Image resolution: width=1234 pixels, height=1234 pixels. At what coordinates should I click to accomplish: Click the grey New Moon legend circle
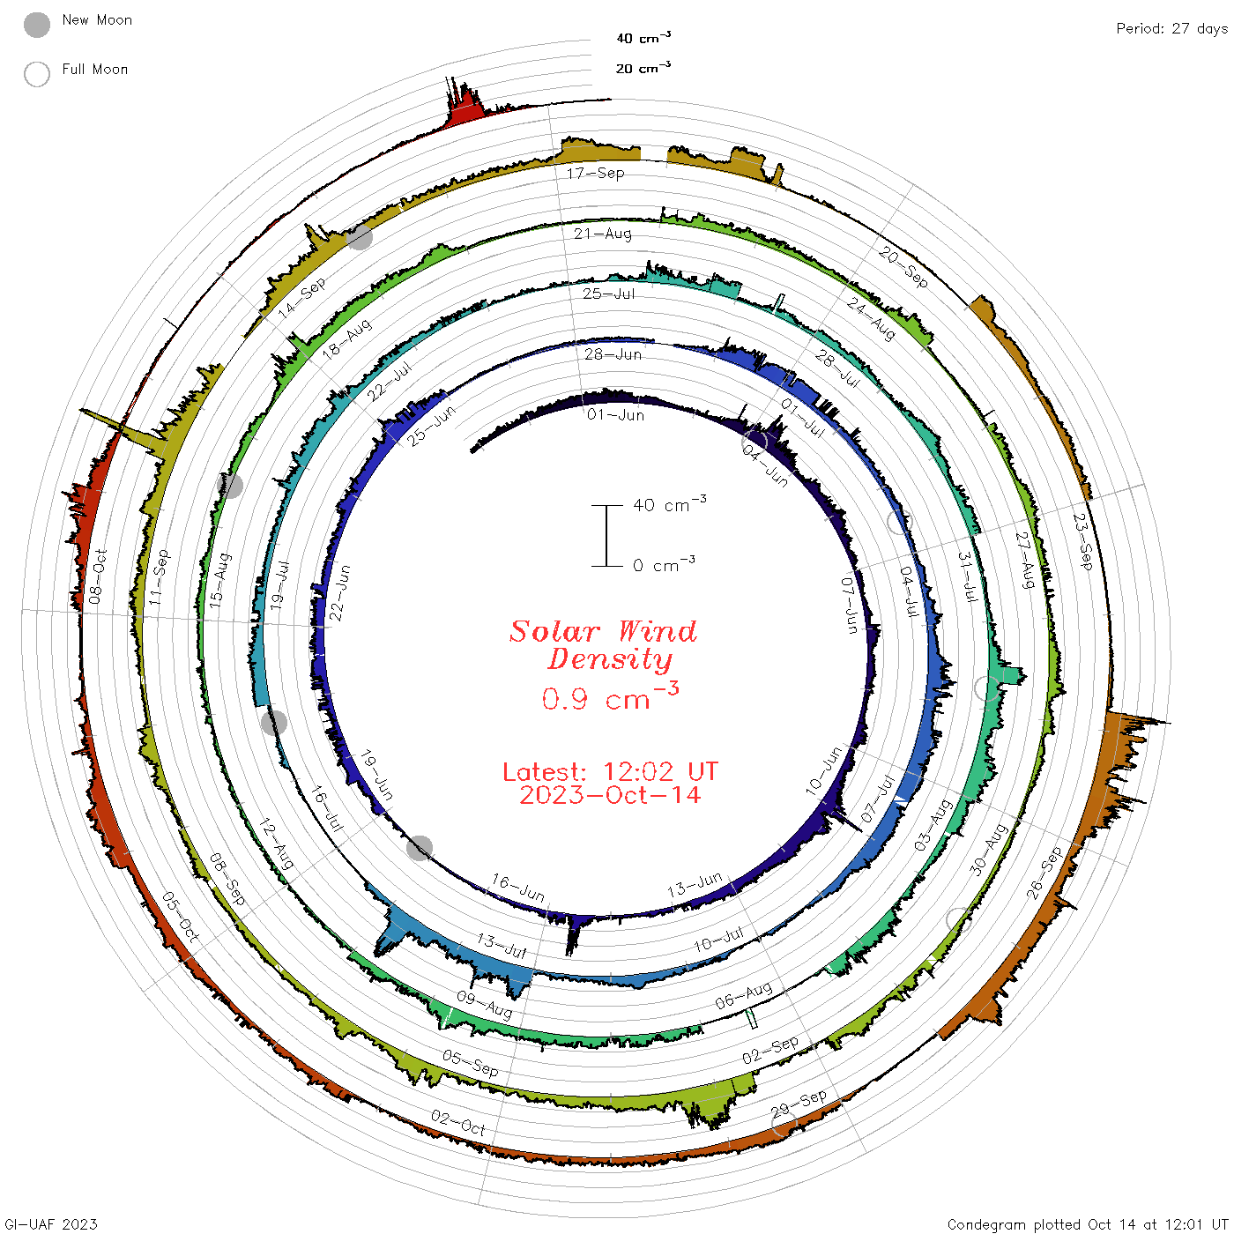(x=37, y=25)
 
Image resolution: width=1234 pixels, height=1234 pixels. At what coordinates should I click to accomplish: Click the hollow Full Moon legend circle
(x=37, y=74)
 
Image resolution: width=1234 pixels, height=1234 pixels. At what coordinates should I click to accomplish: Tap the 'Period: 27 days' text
(x=1171, y=29)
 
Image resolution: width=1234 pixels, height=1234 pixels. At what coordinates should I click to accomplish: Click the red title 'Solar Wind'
(x=603, y=631)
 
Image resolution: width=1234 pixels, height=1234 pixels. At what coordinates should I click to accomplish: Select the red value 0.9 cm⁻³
(x=610, y=696)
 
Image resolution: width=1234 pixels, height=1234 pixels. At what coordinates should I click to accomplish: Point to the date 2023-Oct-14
(x=610, y=795)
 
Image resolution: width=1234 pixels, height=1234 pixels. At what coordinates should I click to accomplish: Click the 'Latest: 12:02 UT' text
(x=610, y=771)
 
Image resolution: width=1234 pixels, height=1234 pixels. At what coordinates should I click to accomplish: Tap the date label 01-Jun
(x=615, y=415)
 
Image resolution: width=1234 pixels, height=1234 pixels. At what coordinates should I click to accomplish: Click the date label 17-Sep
(x=596, y=173)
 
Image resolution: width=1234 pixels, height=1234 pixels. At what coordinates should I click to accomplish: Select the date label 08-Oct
(x=97, y=576)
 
